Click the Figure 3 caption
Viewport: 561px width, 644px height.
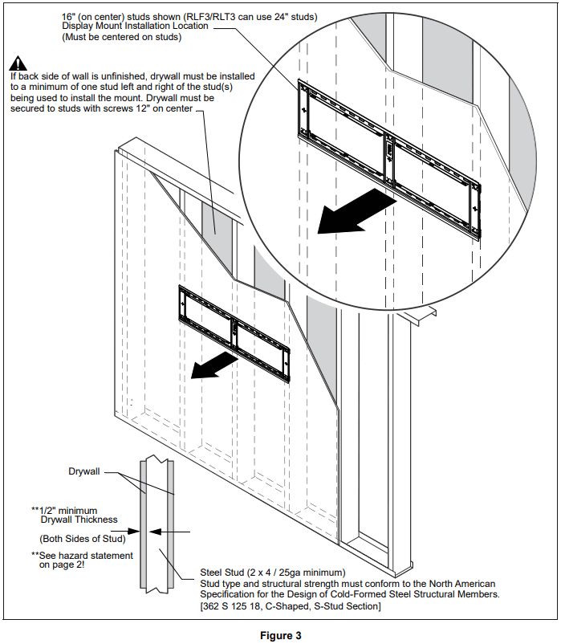tap(281, 635)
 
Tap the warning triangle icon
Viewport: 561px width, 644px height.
tap(18, 62)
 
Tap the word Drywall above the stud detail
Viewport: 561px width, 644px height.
tap(83, 471)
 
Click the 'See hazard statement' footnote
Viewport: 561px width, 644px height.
tap(82, 556)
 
